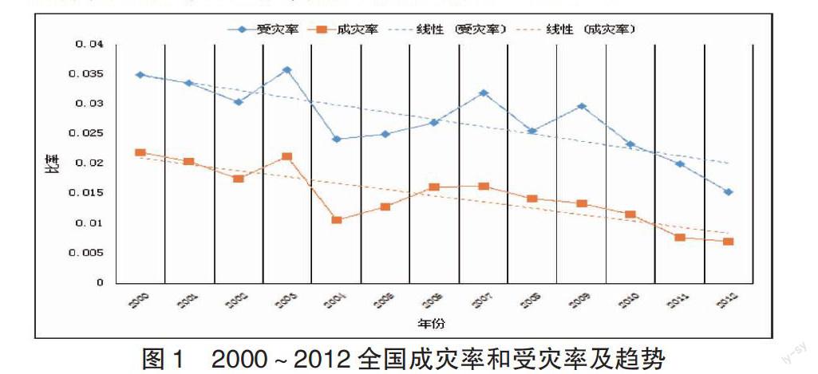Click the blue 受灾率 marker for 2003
pyautogui.click(x=287, y=70)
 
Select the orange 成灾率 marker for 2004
pyautogui.click(x=337, y=219)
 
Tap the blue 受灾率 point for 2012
pyautogui.click(x=729, y=192)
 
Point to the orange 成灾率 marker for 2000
pyautogui.click(x=140, y=152)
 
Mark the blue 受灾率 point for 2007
pyautogui.click(x=484, y=93)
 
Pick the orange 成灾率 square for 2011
pyautogui.click(x=680, y=238)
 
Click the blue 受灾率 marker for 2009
pyautogui.click(x=582, y=106)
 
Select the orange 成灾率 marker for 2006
pyautogui.click(x=434, y=187)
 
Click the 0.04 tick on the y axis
pyautogui.click(x=91, y=45)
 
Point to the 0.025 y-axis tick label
pyautogui.click(x=88, y=133)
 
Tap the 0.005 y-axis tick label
pyautogui.click(x=88, y=253)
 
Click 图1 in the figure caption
pyautogui.click(x=163, y=358)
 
